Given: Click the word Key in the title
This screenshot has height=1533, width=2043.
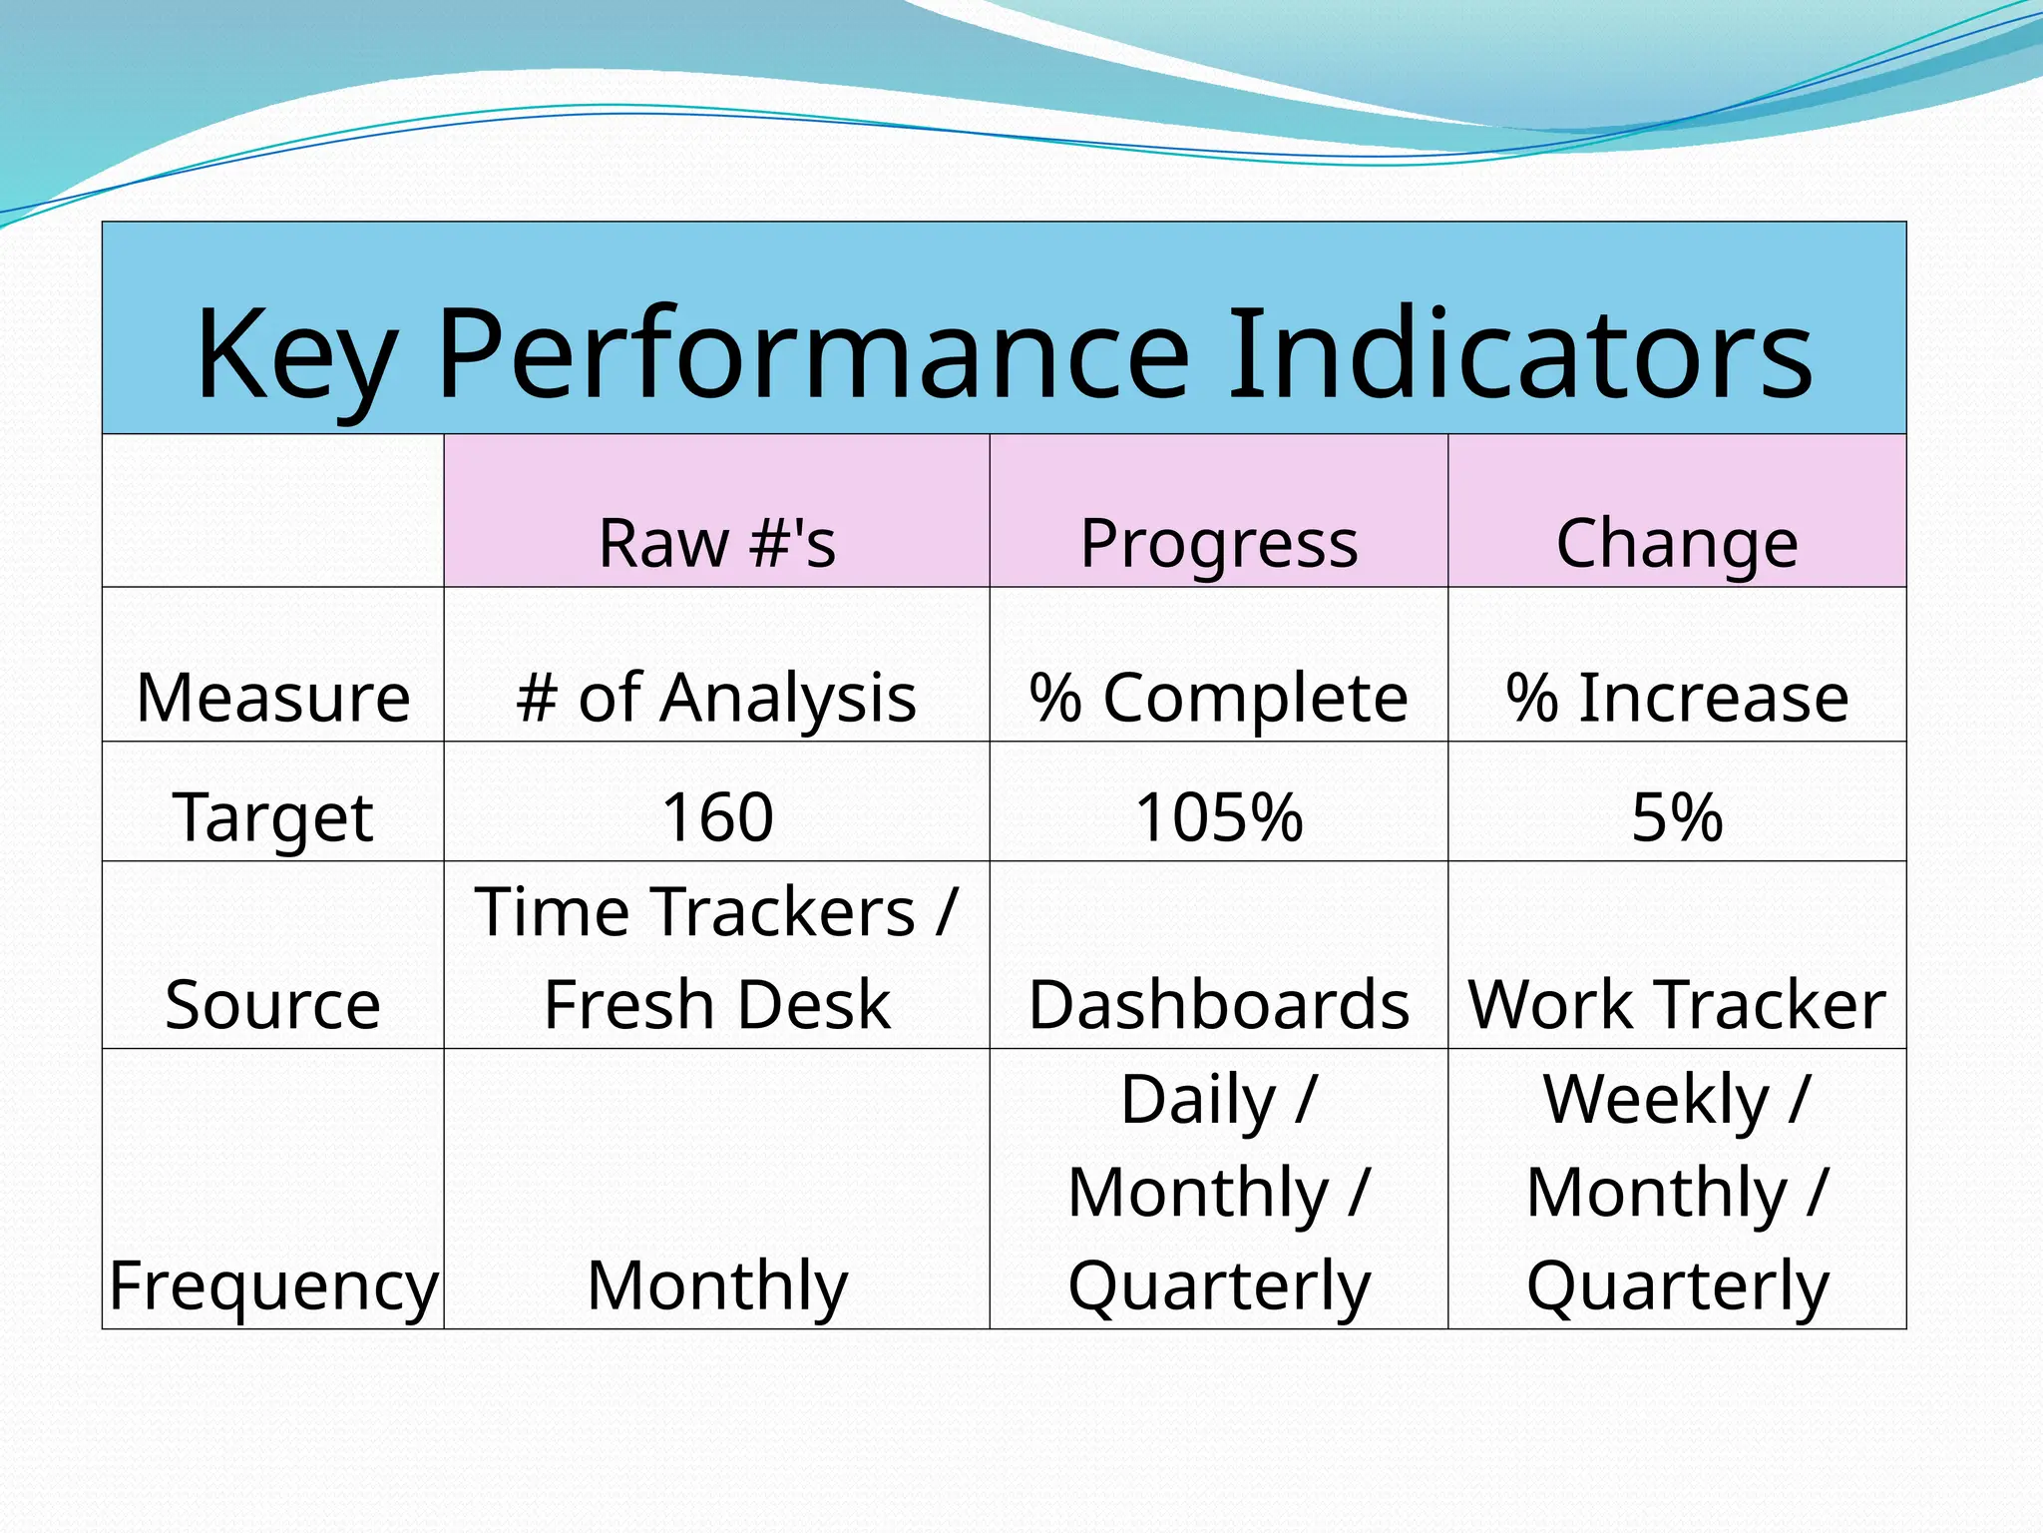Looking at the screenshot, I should (296, 355).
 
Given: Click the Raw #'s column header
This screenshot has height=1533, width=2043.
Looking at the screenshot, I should (716, 544).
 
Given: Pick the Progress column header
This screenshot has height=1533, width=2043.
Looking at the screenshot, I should (1218, 544).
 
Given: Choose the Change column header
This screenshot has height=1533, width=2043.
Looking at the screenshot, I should (1677, 544).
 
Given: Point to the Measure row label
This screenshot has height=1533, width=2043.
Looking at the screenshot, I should (272, 697).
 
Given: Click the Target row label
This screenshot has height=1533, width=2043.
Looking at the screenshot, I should (272, 816).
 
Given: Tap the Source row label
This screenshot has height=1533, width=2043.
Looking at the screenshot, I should (272, 1004).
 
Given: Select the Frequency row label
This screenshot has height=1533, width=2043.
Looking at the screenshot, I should (272, 1285).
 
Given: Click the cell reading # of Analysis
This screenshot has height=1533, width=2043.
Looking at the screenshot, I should (716, 697).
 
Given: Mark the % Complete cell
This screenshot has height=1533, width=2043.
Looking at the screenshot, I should (1218, 697).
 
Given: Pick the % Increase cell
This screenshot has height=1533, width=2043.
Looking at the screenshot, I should (1677, 697).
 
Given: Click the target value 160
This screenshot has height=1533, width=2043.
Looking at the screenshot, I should (716, 816).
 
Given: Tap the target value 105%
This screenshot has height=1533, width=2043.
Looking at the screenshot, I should (1218, 816).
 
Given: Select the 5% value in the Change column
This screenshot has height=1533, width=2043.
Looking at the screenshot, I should (1677, 816).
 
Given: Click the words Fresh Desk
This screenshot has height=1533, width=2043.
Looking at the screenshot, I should (716, 1004).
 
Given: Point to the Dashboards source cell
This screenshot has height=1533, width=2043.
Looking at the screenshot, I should (1218, 1004).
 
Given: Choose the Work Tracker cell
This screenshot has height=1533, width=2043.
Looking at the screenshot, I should (1677, 1004).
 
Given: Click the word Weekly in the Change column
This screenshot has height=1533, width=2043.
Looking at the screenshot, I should (1656, 1100).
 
